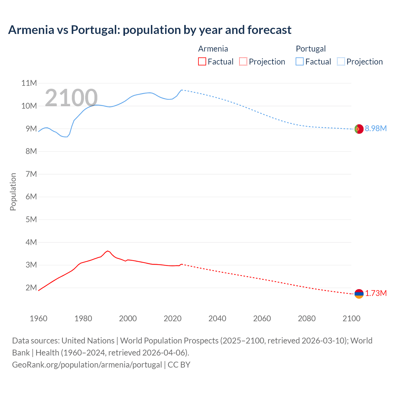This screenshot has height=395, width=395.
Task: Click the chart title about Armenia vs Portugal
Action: pos(150,30)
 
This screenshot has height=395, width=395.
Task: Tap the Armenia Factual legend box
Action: pos(202,62)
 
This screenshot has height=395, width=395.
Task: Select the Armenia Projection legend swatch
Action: pos(243,62)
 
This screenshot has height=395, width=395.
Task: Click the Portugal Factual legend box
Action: pos(300,62)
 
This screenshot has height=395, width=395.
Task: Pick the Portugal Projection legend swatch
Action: pos(341,62)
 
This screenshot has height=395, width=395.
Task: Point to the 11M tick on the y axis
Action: pos(29,83)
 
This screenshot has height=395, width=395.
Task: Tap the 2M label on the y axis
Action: pos(31,288)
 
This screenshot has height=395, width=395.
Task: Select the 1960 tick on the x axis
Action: pos(39,318)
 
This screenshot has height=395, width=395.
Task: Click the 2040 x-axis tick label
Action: pos(217,318)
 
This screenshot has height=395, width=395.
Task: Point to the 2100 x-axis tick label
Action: pos(351,318)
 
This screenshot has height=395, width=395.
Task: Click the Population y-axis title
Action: pos(13,192)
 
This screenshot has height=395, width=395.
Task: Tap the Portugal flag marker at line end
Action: pos(359,129)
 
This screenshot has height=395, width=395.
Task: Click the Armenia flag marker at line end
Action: pos(359,294)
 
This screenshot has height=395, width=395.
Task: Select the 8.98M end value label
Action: pos(376,129)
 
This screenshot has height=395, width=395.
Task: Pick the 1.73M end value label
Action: pos(376,293)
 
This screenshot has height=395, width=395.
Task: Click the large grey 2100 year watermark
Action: pos(71,98)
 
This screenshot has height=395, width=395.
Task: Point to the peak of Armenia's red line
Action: pos(107,251)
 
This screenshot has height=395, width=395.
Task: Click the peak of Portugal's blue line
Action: pos(182,90)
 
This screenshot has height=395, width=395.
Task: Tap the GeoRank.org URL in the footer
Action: pos(87,365)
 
